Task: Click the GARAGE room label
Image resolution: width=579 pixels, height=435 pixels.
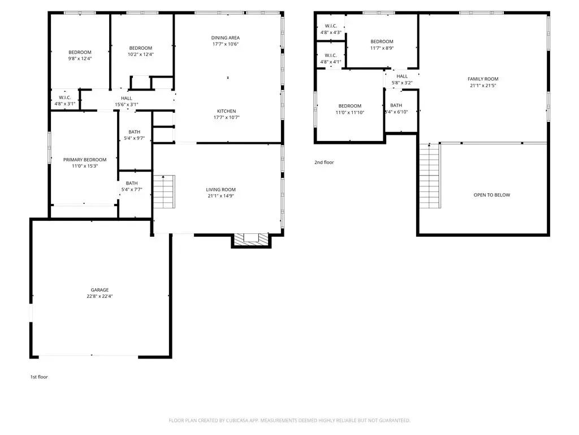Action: click(x=100, y=290)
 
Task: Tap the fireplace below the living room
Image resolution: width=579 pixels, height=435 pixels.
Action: click(x=251, y=240)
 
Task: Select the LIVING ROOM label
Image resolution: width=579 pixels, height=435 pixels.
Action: click(x=221, y=190)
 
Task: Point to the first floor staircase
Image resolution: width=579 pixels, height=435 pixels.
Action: click(x=164, y=192)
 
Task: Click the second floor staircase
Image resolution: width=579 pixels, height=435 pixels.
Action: click(x=430, y=176)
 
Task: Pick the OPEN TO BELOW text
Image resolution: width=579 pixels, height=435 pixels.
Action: click(x=492, y=195)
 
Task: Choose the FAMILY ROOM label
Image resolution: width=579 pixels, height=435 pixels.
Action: click(x=483, y=79)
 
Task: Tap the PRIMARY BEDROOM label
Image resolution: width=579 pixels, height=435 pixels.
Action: click(x=85, y=160)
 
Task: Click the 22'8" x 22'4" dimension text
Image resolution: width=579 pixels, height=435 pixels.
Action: click(x=100, y=296)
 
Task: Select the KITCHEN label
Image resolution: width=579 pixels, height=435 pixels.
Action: click(x=226, y=111)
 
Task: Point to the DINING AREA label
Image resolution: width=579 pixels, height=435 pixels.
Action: click(x=225, y=38)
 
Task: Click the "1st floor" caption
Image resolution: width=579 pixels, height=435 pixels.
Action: click(x=39, y=377)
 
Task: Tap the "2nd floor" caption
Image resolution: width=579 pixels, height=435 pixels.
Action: click(x=324, y=163)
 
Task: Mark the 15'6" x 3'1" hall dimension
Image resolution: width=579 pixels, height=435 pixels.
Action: click(x=127, y=105)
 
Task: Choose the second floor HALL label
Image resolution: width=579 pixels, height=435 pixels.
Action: click(x=402, y=76)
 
